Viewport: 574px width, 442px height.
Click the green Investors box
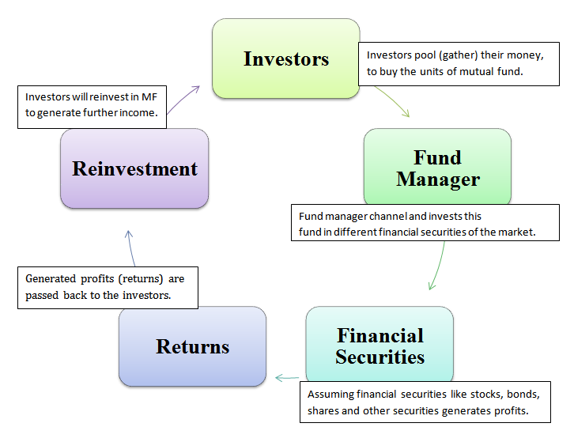coord(286,59)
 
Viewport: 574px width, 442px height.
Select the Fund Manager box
coord(437,168)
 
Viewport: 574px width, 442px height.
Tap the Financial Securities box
coord(380,346)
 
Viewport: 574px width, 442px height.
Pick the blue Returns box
coord(192,346)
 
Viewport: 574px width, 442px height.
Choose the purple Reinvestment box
coord(134,168)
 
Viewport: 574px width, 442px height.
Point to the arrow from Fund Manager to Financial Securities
coord(437,267)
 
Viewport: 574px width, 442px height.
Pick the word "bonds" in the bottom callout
coord(522,394)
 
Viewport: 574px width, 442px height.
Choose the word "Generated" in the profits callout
coord(52,278)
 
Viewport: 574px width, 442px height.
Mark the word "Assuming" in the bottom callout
coord(330,394)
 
